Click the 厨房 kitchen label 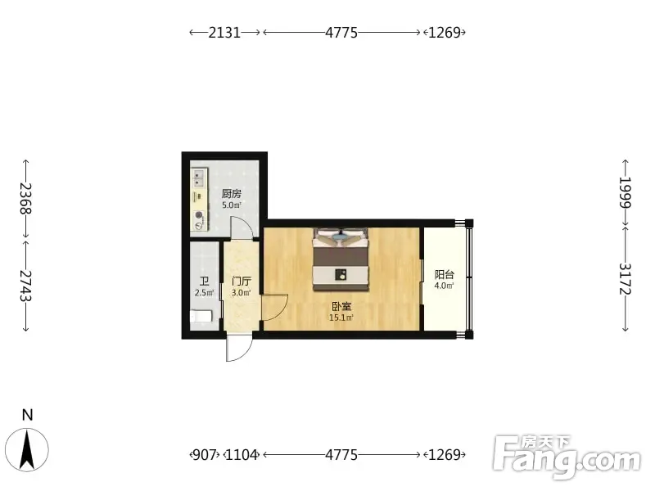coord(232,194)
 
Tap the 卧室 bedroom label coord(341,306)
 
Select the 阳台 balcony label coord(444,275)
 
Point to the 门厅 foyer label coord(242,282)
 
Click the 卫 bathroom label coord(204,282)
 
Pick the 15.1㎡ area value coord(341,318)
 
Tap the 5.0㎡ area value coord(232,205)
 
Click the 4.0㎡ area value coord(444,286)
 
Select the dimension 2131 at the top coord(224,32)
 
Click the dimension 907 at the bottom coord(205,455)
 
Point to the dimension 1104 coord(242,455)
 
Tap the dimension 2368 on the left coord(26,199)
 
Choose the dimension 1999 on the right coord(625,192)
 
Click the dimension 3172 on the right coord(625,279)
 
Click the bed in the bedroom coord(341,259)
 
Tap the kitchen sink coord(199,178)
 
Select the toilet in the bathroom coord(201,317)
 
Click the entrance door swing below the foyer coord(239,347)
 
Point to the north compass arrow coord(28,450)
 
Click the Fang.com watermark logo coord(567,457)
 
